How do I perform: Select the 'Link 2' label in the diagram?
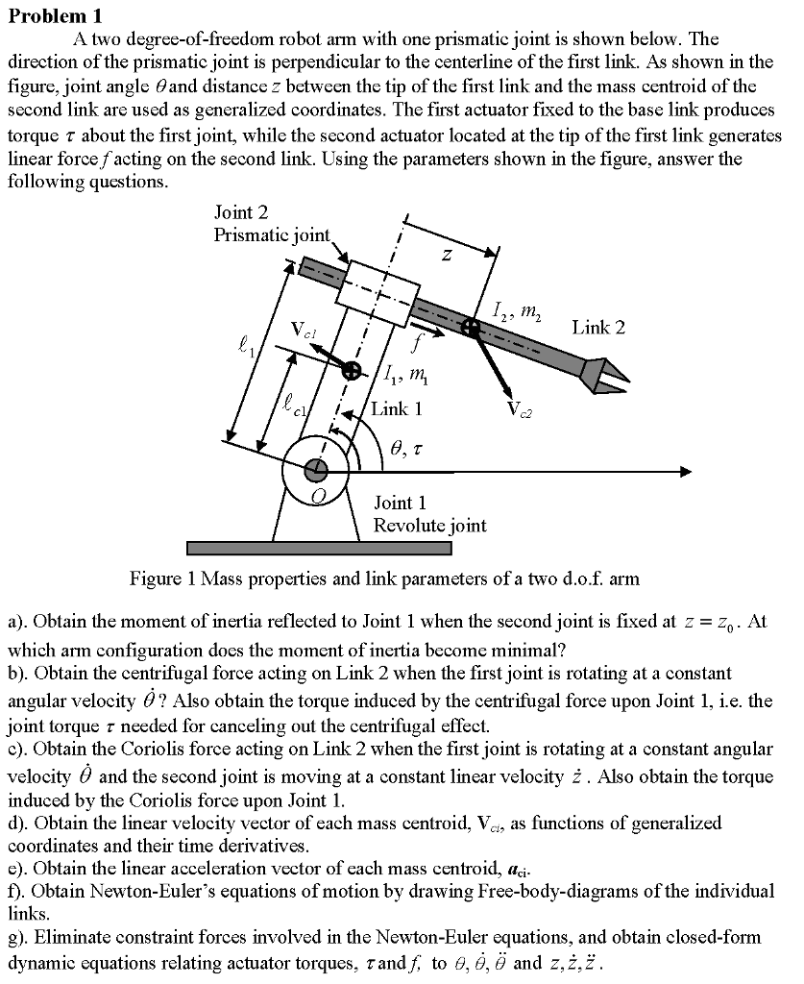click(597, 328)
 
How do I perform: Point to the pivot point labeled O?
click(315, 470)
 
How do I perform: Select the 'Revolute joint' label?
click(429, 526)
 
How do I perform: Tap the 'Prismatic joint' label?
click(272, 235)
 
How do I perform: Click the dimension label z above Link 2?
click(446, 256)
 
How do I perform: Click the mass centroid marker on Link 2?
click(471, 328)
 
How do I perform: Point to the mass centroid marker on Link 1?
click(353, 370)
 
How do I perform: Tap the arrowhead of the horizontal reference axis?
click(684, 471)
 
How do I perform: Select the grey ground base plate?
click(319, 548)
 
